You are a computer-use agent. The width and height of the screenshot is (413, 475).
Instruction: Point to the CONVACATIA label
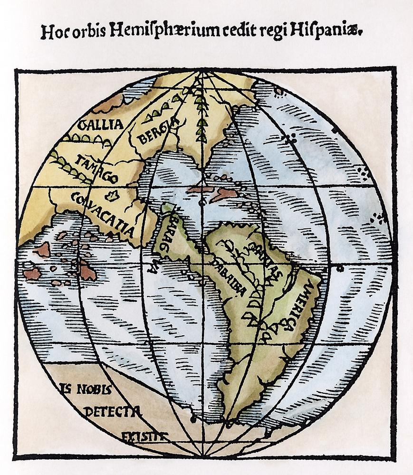(x=102, y=214)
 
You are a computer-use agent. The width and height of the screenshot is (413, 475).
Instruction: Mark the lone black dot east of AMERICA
(x=340, y=268)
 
